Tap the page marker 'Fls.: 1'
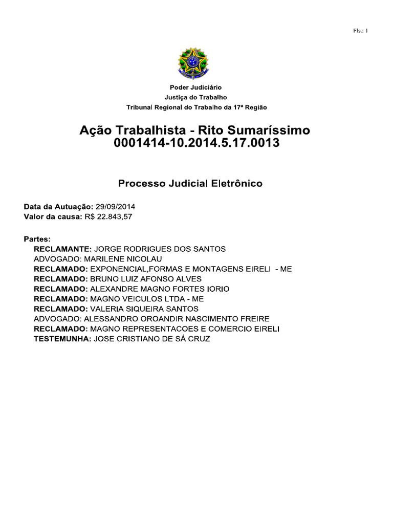361,31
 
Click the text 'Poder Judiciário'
196,88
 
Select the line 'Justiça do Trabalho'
196,97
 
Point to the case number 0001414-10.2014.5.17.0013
197,143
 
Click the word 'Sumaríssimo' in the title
275,130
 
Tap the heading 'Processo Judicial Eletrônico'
190,183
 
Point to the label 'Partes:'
37,239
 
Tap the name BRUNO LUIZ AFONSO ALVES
145,279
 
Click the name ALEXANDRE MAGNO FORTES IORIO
159,289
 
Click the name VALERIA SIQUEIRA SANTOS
144,309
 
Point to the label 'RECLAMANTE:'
62,249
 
